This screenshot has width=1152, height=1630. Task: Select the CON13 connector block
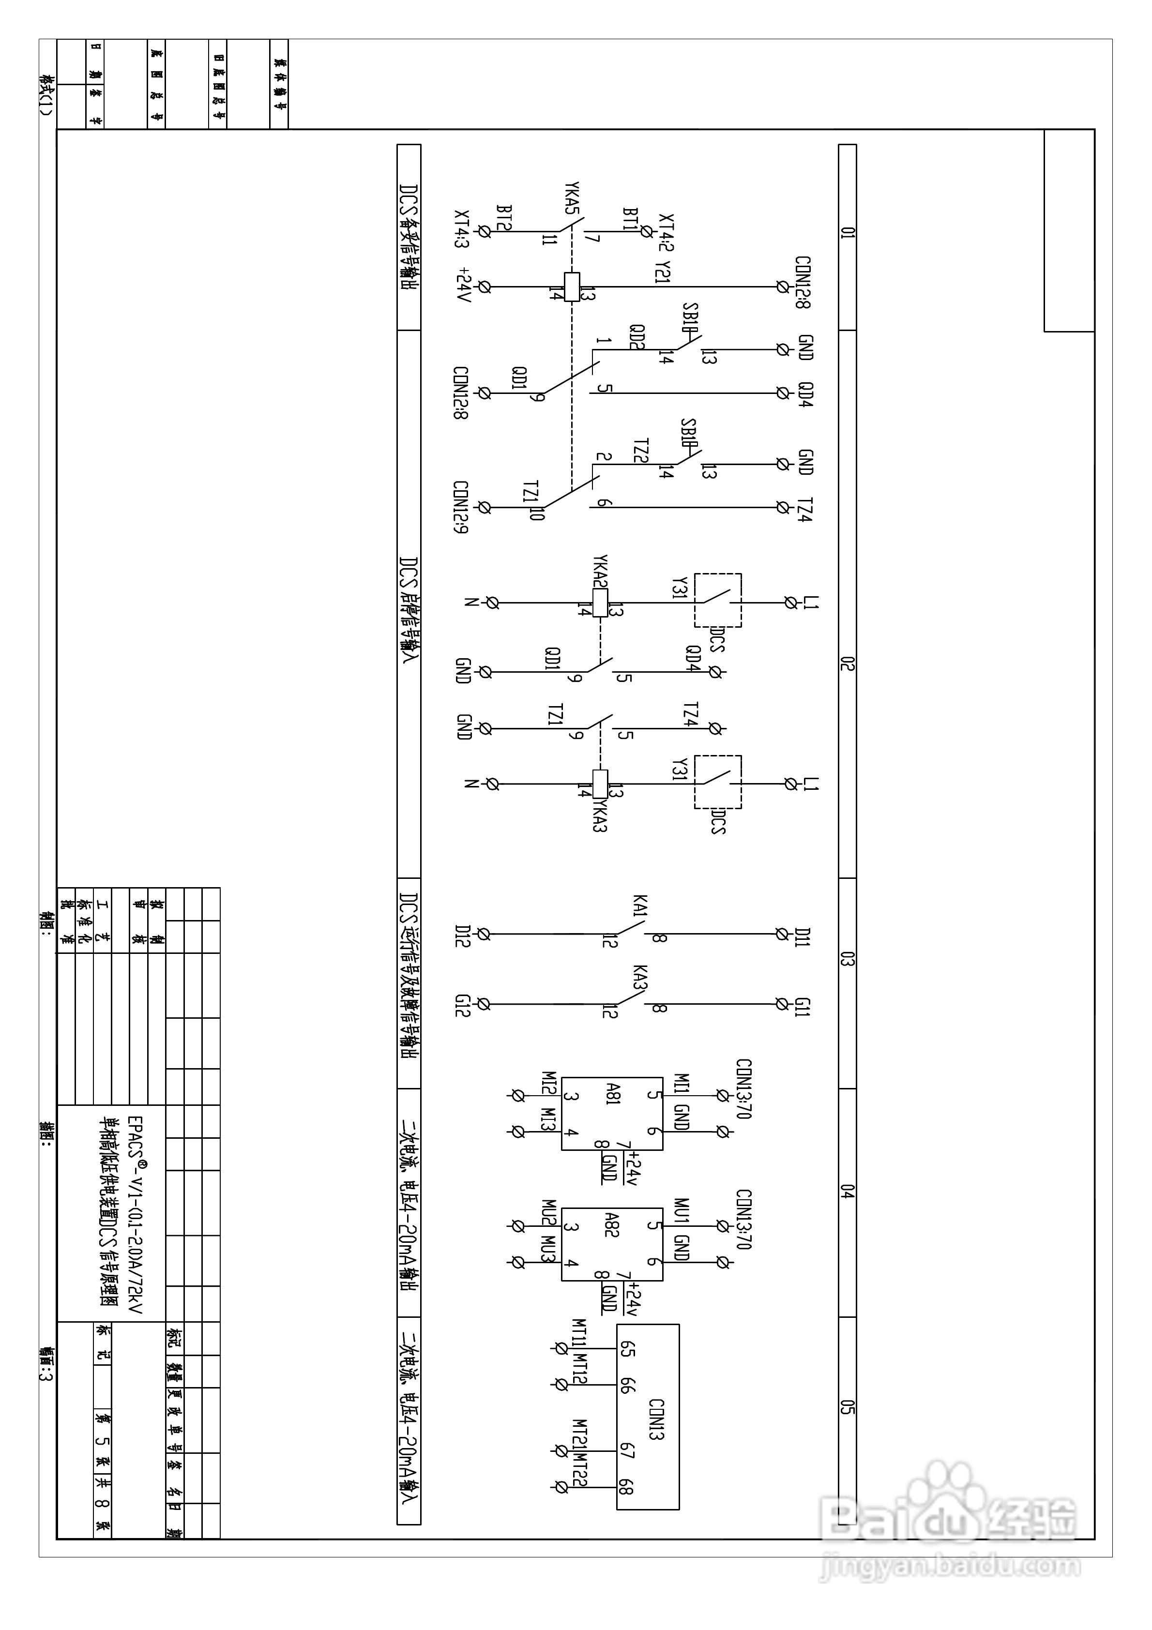(647, 1416)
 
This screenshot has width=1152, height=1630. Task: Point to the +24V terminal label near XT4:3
(464, 285)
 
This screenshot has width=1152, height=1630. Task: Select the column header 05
(847, 1406)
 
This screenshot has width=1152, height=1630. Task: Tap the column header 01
(847, 232)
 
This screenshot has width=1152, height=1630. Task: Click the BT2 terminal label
(504, 218)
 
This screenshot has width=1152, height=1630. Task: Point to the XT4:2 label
(666, 232)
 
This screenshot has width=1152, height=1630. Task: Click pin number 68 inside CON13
(626, 1486)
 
